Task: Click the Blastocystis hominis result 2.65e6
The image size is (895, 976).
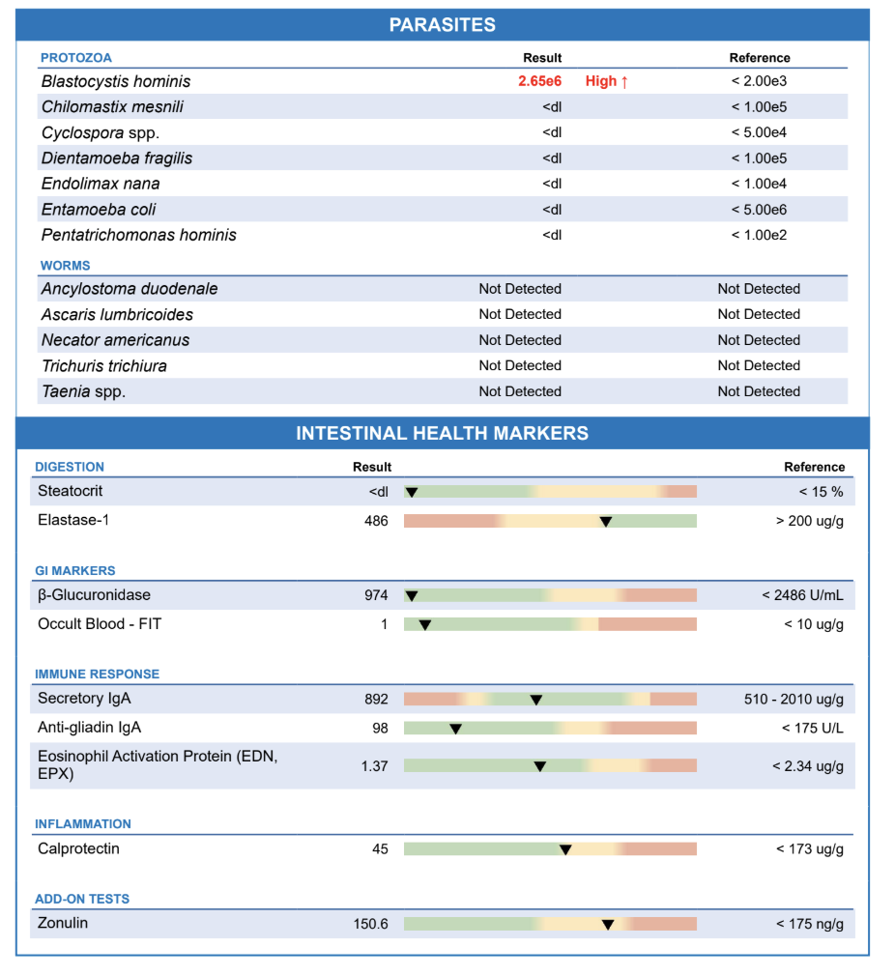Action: pos(539,81)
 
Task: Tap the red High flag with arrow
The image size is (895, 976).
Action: pos(606,81)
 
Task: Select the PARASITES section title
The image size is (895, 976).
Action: pos(442,25)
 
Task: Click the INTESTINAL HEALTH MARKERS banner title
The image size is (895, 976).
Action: pos(442,433)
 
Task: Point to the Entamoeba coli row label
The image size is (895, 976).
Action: pos(99,210)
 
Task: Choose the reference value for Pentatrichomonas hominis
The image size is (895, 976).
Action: pos(759,235)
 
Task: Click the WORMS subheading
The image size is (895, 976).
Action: pos(66,265)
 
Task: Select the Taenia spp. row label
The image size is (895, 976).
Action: pos(83,391)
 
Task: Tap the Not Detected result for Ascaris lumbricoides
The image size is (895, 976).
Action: pos(520,314)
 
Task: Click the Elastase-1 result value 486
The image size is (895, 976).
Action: pos(376,521)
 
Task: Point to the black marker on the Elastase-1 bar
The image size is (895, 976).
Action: pos(606,522)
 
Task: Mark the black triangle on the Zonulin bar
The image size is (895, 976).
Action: pos(608,925)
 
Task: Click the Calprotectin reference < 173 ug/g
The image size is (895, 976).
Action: pos(809,849)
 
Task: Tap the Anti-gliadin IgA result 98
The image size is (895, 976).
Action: pos(380,728)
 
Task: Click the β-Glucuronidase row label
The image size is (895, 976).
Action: pos(94,595)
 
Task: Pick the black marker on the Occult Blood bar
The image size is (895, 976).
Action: pos(424,625)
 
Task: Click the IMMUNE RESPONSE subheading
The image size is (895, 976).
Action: pos(97,674)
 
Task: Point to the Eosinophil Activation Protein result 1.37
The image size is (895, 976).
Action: pos(374,766)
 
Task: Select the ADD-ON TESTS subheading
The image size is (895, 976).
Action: pos(82,899)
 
